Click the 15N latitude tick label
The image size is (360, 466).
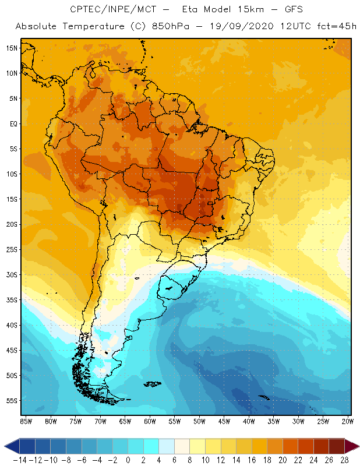pos(11,48)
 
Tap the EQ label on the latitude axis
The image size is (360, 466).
pos(12,123)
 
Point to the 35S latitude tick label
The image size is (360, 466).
pos(11,300)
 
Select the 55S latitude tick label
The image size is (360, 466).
pos(11,401)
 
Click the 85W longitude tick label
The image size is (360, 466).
pos(26,421)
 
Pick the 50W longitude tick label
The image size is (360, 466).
pos(199,421)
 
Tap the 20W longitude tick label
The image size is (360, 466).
pos(348,421)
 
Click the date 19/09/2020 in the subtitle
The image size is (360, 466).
pos(239,27)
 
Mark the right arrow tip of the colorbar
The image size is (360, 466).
pos(357,446)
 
